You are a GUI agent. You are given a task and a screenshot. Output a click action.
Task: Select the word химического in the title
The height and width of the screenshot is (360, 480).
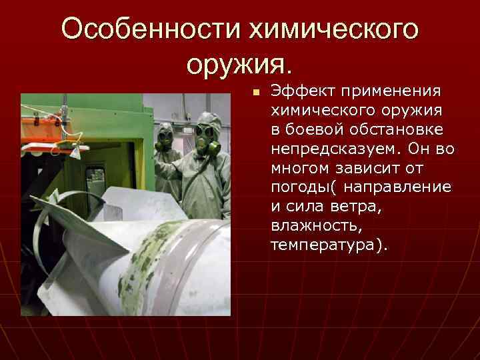[x=334, y=29]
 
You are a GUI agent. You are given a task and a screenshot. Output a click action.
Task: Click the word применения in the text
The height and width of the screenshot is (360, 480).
[x=387, y=91]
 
